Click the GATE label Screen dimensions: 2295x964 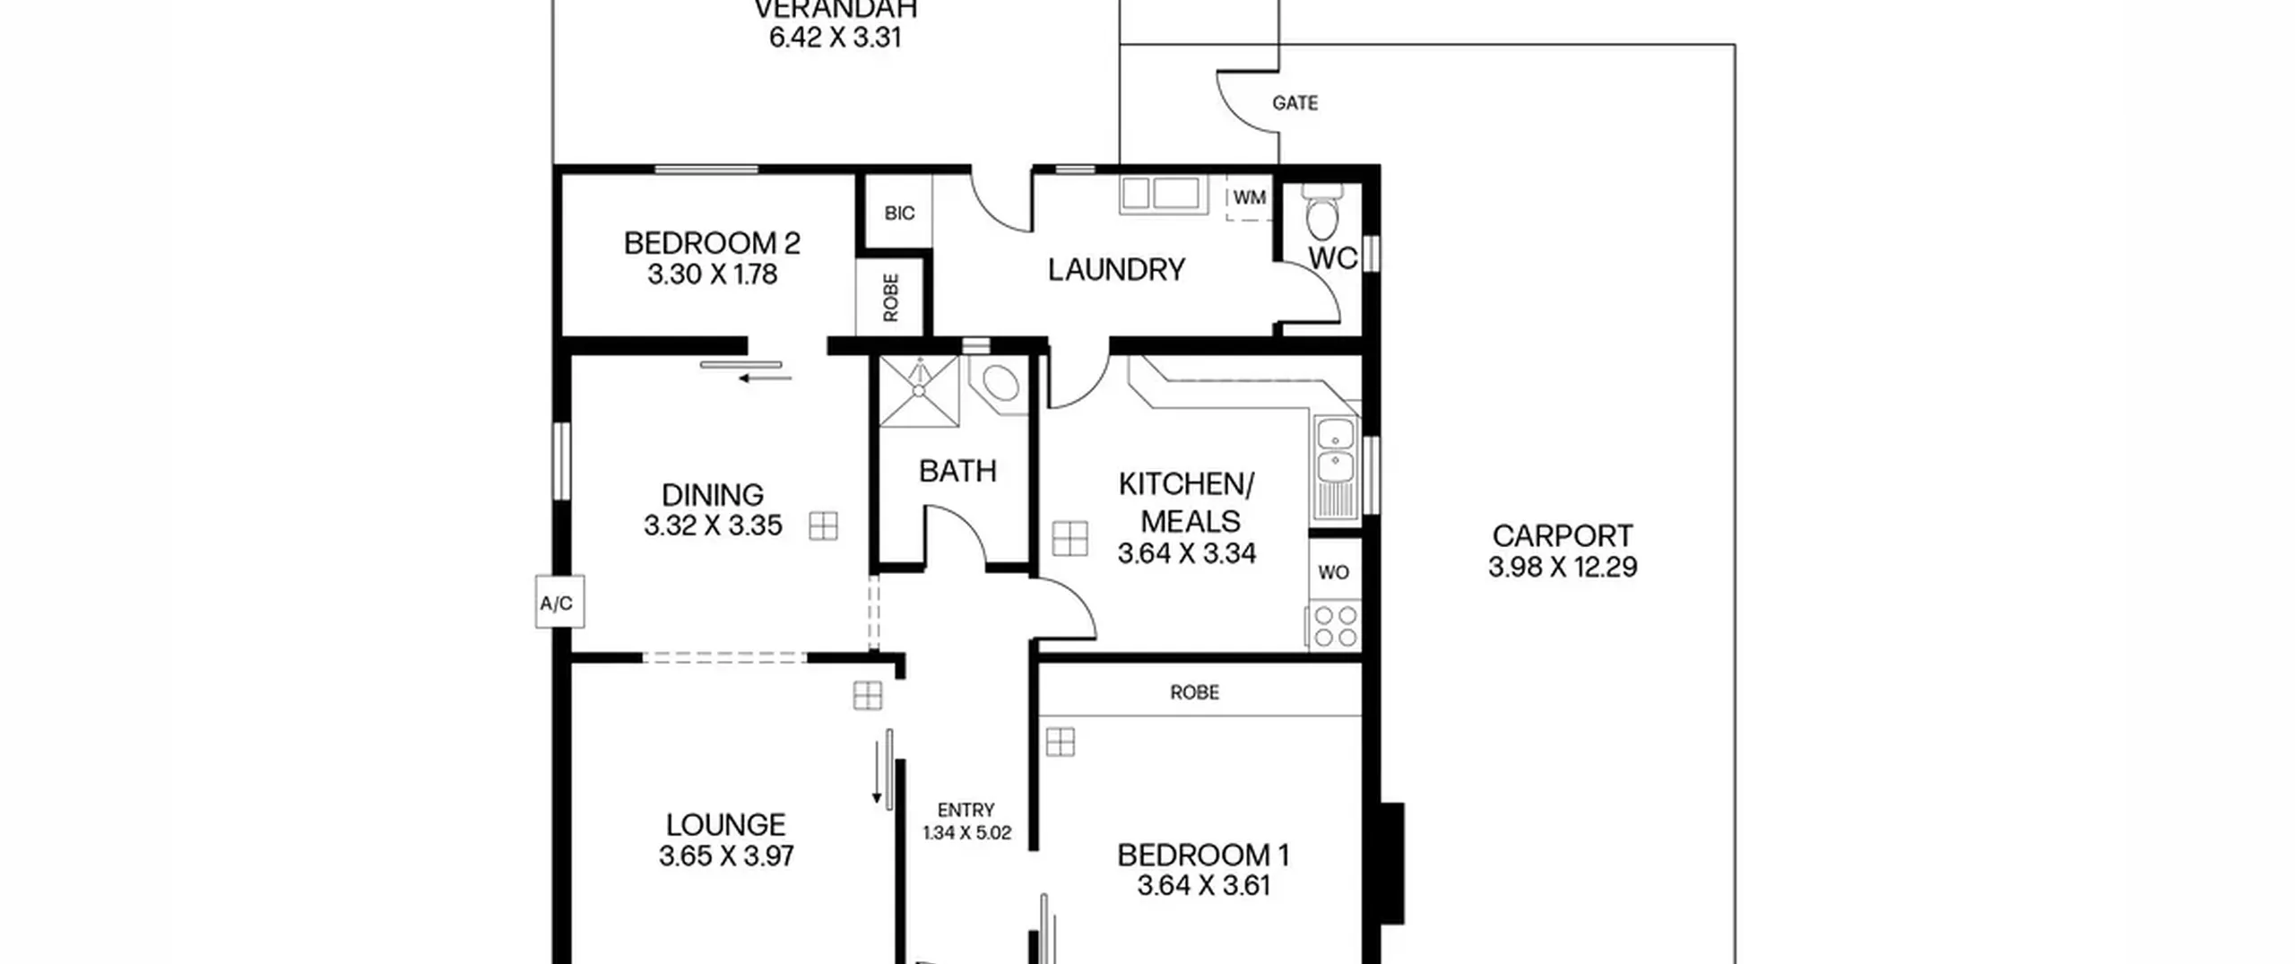[x=1295, y=103]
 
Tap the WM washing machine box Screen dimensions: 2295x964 [x=1250, y=198]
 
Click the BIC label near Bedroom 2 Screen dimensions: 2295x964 [x=899, y=213]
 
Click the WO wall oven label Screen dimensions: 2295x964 [x=1334, y=572]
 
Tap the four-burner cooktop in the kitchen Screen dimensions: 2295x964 [x=1335, y=626]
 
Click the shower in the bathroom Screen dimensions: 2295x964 [x=919, y=391]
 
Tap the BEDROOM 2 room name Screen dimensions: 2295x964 [x=712, y=243]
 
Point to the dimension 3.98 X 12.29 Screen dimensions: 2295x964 [x=1563, y=568]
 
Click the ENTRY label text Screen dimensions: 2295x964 [x=966, y=810]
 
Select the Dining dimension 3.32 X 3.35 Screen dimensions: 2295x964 [x=713, y=525]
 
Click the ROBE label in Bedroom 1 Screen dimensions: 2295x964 [x=1195, y=692]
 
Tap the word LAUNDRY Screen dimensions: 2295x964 [x=1116, y=270]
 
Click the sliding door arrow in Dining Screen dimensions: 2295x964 [x=765, y=378]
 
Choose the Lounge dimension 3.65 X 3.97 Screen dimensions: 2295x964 [x=726, y=856]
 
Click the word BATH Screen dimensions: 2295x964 [x=957, y=471]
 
